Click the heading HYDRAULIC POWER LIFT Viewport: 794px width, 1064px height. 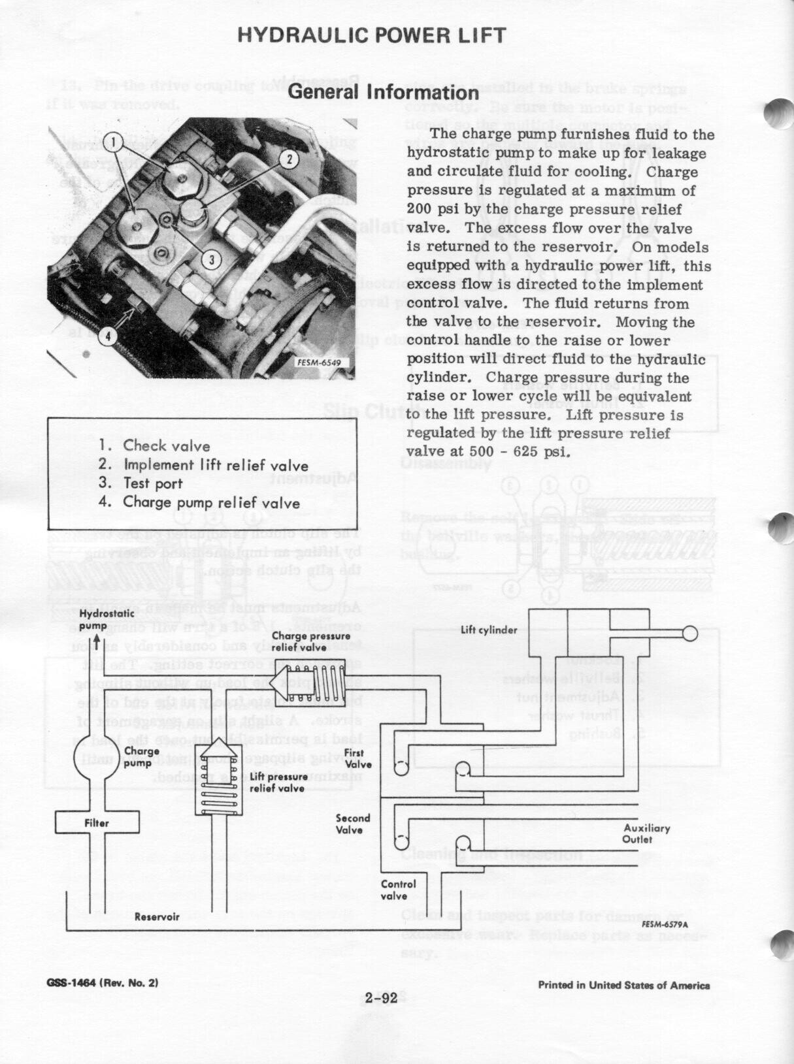tap(371, 35)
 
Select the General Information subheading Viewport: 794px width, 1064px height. tap(384, 91)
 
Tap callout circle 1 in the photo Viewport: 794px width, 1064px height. tap(112, 141)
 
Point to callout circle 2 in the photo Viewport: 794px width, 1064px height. tap(289, 158)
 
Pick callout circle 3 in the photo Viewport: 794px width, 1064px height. tap(210, 259)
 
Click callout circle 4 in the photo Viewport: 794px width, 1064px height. tap(108, 336)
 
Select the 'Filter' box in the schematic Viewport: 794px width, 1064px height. tap(97, 823)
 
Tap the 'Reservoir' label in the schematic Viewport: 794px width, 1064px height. tap(157, 916)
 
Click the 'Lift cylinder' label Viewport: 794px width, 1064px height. tap(489, 630)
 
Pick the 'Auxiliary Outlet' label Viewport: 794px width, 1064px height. tap(647, 833)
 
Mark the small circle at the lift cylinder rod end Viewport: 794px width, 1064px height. tap(690, 633)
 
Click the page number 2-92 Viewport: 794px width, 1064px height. tap(382, 998)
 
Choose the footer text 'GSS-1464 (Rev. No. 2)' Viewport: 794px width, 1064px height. tap(102, 982)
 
